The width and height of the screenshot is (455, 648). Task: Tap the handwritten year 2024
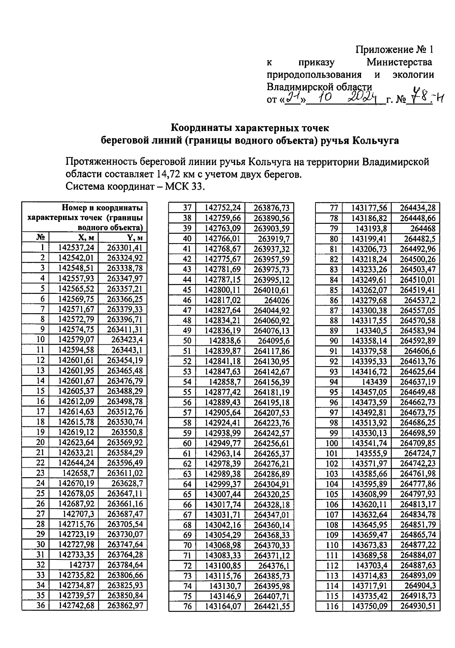pos(363,98)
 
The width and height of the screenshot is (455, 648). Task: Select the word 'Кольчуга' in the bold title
pos(376,141)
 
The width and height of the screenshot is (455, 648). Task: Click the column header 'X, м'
pos(86,237)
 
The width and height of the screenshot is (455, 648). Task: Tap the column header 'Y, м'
pos(135,237)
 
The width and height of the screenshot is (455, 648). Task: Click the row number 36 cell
pos(40,606)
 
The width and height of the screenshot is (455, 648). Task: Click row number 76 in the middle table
pos(187,607)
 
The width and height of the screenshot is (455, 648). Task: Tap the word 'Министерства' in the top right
pos(399,62)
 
